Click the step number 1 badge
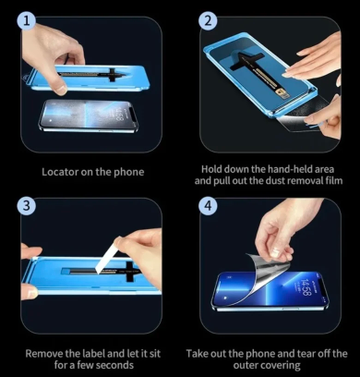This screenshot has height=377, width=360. click(27, 21)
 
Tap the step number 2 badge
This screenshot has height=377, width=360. click(208, 21)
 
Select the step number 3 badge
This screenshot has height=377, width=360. click(27, 205)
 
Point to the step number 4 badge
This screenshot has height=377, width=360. click(208, 205)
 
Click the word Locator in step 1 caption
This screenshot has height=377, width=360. click(60, 172)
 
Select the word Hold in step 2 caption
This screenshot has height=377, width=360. click(211, 169)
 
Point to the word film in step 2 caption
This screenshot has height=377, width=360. click(334, 180)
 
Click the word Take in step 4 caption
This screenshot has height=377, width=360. click(197, 353)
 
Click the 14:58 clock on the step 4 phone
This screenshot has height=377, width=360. click(306, 286)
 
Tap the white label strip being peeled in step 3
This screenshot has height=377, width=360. click(107, 255)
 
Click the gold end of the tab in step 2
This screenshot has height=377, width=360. click(282, 91)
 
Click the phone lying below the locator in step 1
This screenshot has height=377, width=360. click(89, 116)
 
